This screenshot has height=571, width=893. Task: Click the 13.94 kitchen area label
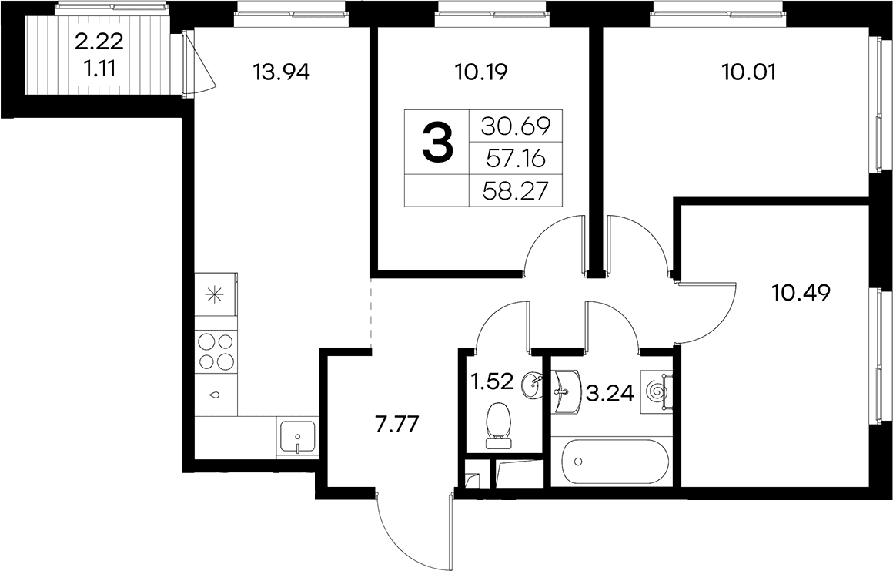point(282,72)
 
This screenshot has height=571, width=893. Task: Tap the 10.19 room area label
point(481,72)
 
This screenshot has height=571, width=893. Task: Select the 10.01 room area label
point(748,72)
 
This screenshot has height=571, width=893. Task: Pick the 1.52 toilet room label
point(493,381)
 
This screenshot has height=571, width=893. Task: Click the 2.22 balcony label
point(99,42)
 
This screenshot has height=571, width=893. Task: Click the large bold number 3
point(437,143)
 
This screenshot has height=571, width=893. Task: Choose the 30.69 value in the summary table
point(516,126)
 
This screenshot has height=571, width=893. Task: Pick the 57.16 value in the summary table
point(516,159)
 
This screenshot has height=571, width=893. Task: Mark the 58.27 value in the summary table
point(516,191)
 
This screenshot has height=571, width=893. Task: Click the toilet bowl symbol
point(500,425)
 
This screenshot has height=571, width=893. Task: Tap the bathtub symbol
point(614,462)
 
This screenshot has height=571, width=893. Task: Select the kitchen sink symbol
point(296,437)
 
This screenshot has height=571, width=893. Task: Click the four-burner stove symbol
point(216,352)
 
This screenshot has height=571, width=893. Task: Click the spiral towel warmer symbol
point(657,391)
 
